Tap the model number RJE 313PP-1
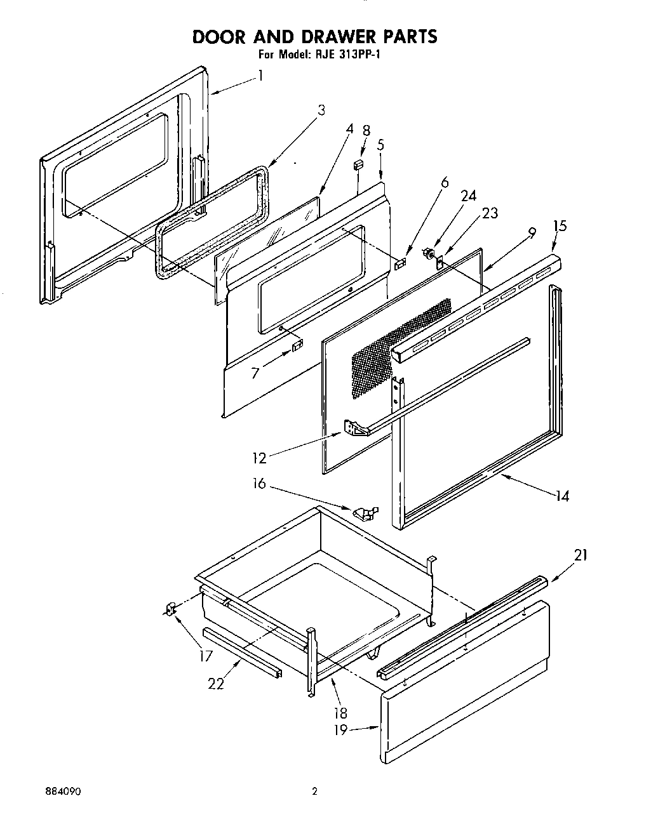coord(344,55)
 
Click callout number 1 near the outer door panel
coord(260,75)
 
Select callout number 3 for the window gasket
coord(321,110)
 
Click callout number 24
coord(469,196)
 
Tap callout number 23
coord(490,214)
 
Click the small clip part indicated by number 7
coord(297,346)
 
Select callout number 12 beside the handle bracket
coord(258,456)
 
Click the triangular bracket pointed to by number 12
coord(357,428)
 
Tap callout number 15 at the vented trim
coord(560,226)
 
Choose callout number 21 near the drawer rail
coord(580,555)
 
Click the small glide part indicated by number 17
coord(170,609)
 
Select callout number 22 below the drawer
coord(216,684)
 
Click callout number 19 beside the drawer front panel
coord(340,730)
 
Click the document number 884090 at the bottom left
coord(62,793)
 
